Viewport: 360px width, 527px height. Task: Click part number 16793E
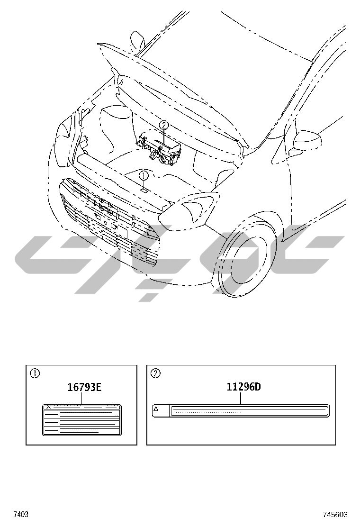[x=85, y=387]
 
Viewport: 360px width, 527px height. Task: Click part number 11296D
[x=243, y=387]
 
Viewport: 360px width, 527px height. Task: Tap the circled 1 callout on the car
[x=144, y=175]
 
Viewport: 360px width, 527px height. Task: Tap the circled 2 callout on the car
[x=163, y=126]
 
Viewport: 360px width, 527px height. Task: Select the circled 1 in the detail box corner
[x=35, y=373]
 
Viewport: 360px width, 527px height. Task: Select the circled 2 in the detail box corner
[x=156, y=373]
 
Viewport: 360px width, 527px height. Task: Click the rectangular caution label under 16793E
[x=81, y=420]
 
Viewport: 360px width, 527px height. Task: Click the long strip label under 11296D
[x=241, y=411]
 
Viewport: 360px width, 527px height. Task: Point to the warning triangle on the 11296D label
[x=156, y=409]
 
